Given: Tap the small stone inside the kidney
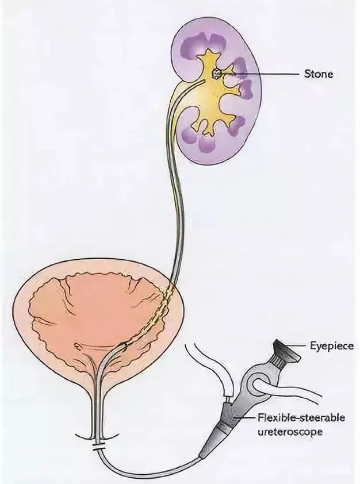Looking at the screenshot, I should click(x=217, y=74).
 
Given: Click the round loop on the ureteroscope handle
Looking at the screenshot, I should click(x=256, y=383).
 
